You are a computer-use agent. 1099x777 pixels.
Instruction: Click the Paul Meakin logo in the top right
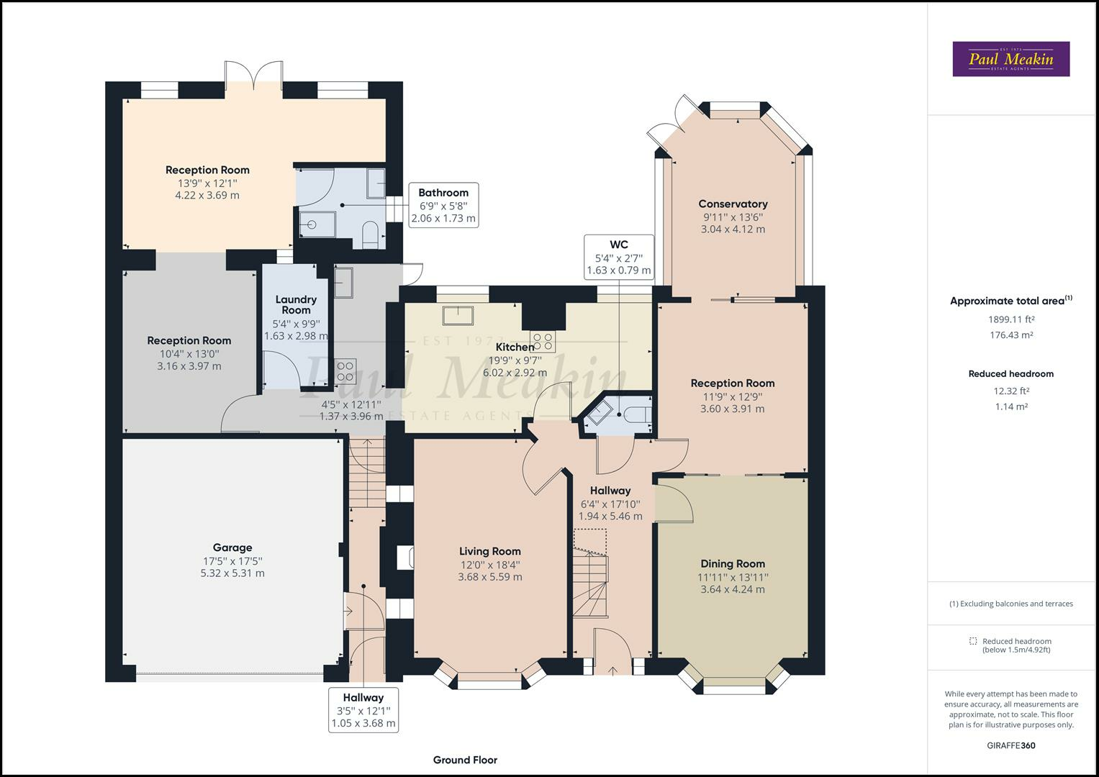[x=1010, y=59]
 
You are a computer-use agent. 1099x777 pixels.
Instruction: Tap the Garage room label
[x=232, y=547]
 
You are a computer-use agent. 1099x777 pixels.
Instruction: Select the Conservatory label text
[x=733, y=204]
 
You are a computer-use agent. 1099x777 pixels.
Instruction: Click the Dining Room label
[x=733, y=564]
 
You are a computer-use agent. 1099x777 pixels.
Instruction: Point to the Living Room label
[x=490, y=552]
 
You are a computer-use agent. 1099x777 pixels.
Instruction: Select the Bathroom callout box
[x=443, y=205]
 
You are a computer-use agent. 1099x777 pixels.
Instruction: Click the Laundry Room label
[x=296, y=304]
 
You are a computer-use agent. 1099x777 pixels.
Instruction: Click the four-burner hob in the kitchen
[x=543, y=341]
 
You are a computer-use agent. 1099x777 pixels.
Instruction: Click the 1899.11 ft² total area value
[x=1010, y=319]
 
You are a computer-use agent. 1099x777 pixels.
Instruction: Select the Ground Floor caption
[x=465, y=760]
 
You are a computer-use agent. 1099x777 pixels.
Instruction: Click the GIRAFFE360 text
[x=1010, y=745]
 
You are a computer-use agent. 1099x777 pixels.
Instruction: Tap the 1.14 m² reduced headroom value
[x=1010, y=406]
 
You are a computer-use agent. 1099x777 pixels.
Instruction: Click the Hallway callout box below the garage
[x=363, y=710]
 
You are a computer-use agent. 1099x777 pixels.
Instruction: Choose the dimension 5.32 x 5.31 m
[x=232, y=573]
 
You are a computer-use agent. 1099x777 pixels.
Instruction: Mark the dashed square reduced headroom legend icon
[x=973, y=641]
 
